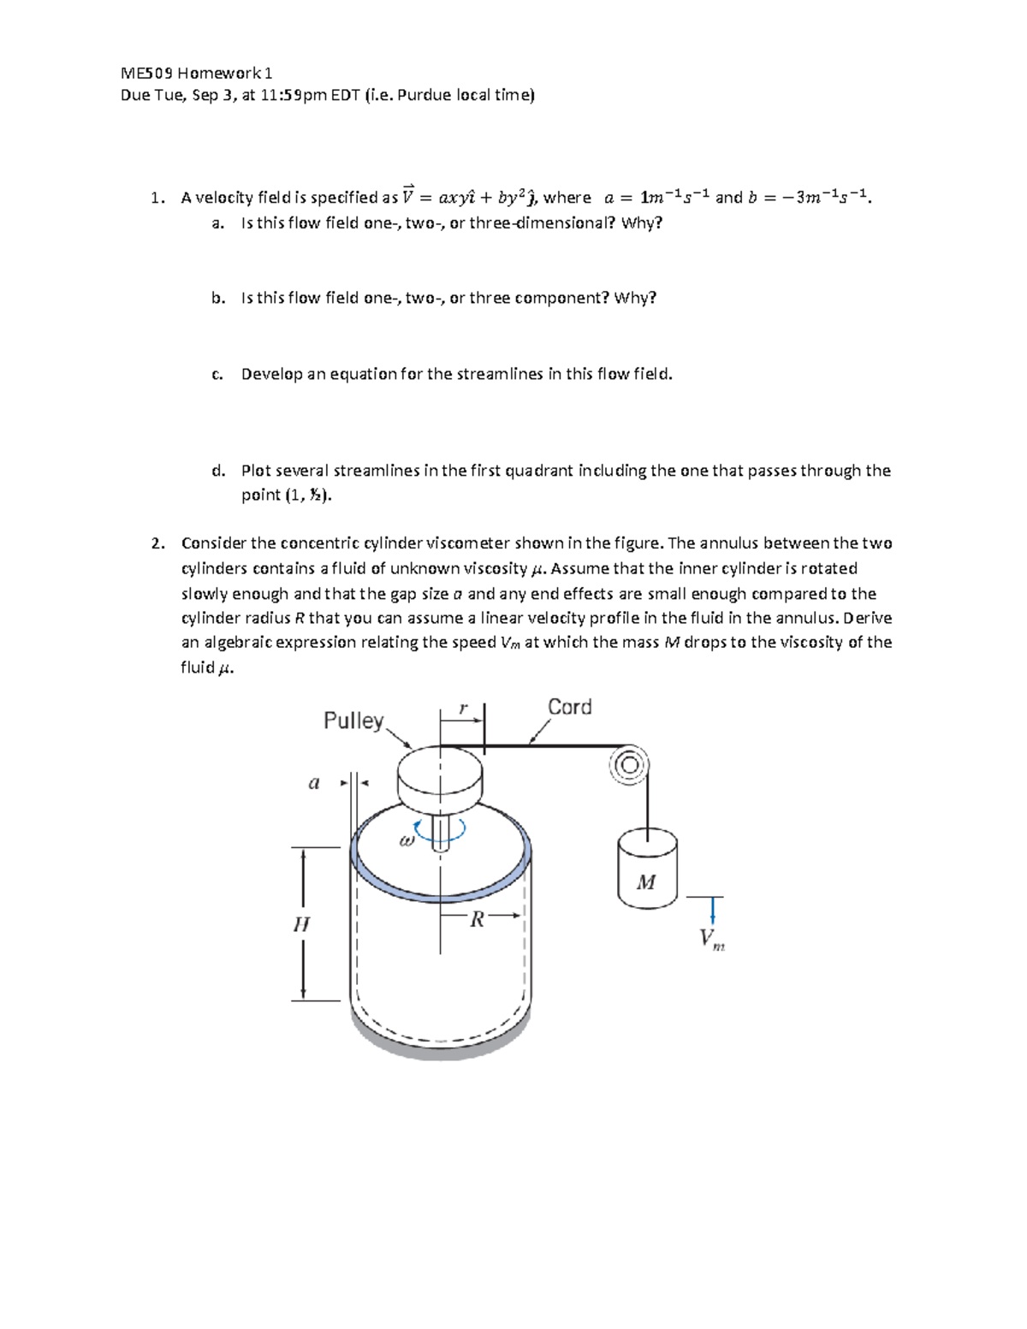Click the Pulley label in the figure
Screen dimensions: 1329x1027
353,721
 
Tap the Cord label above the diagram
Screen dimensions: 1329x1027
569,707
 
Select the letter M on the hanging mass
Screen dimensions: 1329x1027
646,882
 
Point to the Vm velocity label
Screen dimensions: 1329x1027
711,939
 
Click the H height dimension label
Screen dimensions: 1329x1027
301,924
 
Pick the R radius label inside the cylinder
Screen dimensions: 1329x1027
478,920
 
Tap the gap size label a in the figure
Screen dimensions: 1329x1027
314,782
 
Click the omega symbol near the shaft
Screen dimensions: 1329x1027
407,840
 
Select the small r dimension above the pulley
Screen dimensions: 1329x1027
463,709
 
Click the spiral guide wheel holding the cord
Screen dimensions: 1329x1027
629,764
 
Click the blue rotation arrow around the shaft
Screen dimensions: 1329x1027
440,829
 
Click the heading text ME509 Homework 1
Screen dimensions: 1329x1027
196,73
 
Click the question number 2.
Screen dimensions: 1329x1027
156,543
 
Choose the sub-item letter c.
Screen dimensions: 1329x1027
217,374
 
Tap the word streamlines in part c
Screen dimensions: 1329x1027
500,374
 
